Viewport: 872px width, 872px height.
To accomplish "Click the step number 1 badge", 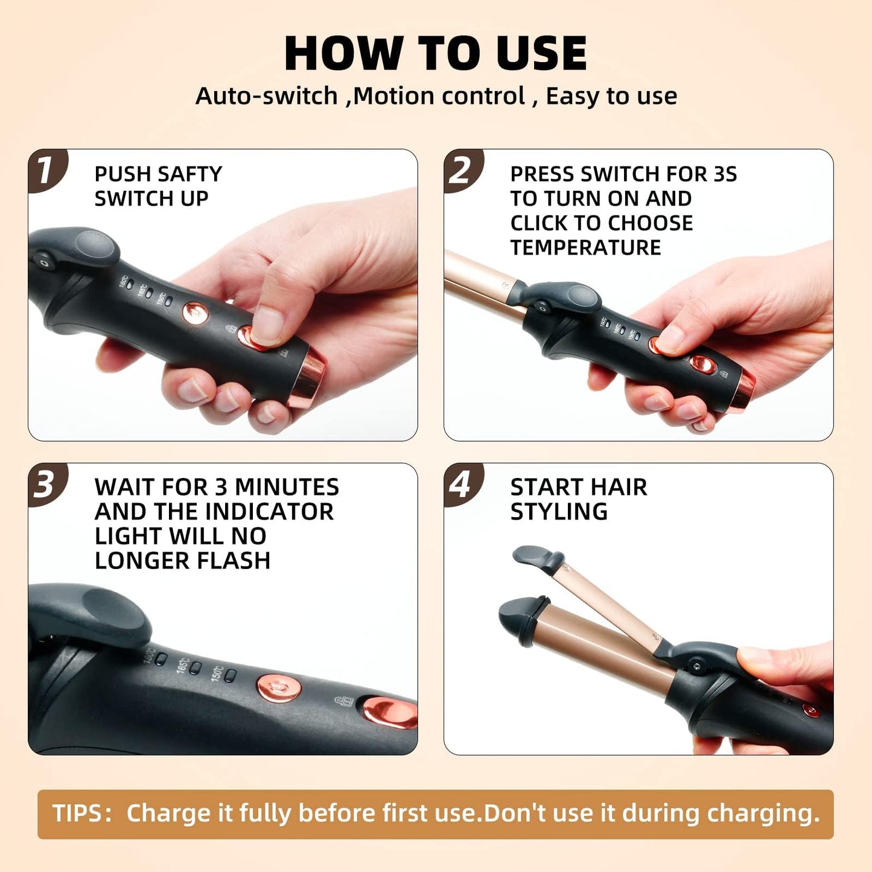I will (x=46, y=170).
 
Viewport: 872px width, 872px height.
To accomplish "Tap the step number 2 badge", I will (x=462, y=170).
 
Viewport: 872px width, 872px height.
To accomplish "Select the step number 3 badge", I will (x=46, y=484).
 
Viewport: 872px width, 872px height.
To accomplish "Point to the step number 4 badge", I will (x=462, y=484).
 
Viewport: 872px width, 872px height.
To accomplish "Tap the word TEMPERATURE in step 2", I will (x=585, y=247).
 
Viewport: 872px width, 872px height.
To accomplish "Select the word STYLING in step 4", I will (x=559, y=512).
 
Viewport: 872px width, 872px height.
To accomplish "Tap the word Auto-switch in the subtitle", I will (x=266, y=96).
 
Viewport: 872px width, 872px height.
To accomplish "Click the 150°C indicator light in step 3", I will (x=229, y=675).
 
